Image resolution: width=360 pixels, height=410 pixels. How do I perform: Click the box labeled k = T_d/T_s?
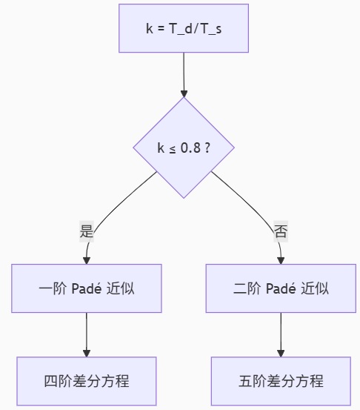pyautogui.click(x=184, y=28)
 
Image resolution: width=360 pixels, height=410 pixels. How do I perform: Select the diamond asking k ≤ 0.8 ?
pyautogui.click(x=184, y=148)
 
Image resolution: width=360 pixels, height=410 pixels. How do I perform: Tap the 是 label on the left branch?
pyautogui.click(x=87, y=231)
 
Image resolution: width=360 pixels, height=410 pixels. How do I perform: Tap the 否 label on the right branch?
pyautogui.click(x=281, y=231)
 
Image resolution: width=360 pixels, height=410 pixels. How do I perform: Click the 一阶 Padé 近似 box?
pyautogui.click(x=87, y=288)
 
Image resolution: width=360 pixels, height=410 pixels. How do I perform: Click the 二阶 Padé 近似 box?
pyautogui.click(x=281, y=288)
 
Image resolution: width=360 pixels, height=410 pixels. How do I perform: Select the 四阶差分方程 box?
pyautogui.click(x=87, y=381)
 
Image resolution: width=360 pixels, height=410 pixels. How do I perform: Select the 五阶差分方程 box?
pyautogui.click(x=281, y=381)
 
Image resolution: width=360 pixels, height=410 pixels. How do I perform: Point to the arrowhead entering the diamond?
pyautogui.click(x=184, y=93)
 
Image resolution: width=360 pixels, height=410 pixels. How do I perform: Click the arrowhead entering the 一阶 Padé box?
pyautogui.click(x=87, y=261)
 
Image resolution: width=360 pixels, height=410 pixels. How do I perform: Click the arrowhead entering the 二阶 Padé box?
pyautogui.click(x=281, y=261)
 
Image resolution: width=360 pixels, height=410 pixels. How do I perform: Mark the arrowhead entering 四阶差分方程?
pyautogui.click(x=87, y=353)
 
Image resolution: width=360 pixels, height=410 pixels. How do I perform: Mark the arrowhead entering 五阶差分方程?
pyautogui.click(x=281, y=353)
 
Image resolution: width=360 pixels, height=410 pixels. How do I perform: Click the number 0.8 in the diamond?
pyautogui.click(x=190, y=148)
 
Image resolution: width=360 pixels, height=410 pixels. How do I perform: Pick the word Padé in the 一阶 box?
pyautogui.click(x=87, y=288)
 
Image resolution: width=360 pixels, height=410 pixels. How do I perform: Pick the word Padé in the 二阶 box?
pyautogui.click(x=281, y=288)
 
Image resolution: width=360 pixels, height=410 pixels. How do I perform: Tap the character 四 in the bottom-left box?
pyautogui.click(x=50, y=381)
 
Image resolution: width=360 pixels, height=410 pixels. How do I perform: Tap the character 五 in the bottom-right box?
pyautogui.click(x=244, y=381)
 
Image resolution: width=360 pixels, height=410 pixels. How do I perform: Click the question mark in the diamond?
pyautogui.click(x=207, y=148)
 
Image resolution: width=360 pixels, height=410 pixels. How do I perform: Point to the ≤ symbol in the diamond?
pyautogui.click(x=173, y=150)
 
